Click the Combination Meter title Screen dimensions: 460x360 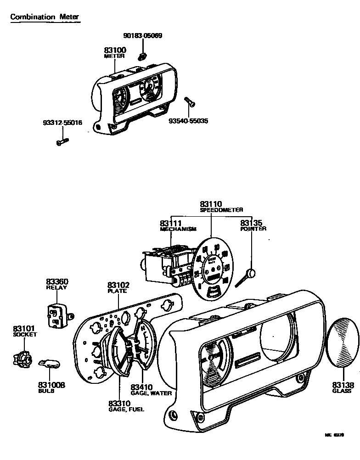click(x=45, y=17)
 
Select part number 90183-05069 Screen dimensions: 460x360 click(x=143, y=36)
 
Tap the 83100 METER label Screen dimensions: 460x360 click(x=114, y=53)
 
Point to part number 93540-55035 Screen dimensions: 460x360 click(x=188, y=121)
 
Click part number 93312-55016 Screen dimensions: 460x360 click(x=62, y=123)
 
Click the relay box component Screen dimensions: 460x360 click(x=57, y=315)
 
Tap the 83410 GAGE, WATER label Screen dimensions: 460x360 click(x=151, y=390)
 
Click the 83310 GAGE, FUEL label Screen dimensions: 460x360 click(x=126, y=406)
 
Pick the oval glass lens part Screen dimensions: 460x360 click(x=342, y=342)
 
